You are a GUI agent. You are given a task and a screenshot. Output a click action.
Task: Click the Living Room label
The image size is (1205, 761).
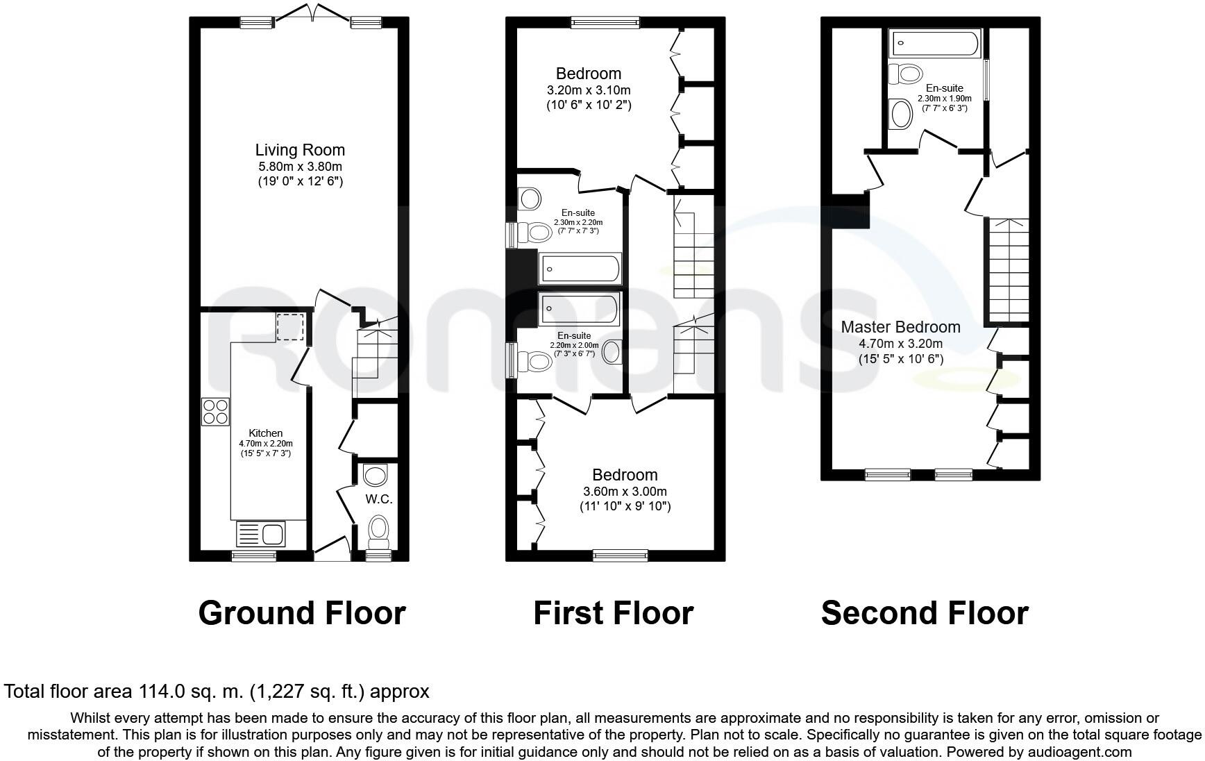coord(300,150)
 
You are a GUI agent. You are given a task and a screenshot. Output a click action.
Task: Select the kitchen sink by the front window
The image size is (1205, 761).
coord(260,534)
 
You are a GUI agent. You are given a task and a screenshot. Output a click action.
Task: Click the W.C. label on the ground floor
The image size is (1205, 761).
coord(379,499)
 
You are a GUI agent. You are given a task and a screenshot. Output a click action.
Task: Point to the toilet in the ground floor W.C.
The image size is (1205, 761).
coord(378,528)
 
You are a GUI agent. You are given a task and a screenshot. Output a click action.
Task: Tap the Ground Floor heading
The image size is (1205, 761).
coord(301,613)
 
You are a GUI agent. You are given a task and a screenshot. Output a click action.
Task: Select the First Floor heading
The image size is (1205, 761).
coord(613,613)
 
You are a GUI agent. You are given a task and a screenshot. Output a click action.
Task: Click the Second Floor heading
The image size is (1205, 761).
coord(924,613)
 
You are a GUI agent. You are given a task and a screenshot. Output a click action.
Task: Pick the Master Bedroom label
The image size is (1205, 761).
coord(900,327)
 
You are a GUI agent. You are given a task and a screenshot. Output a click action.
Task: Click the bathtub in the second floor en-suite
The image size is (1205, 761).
coord(934,43)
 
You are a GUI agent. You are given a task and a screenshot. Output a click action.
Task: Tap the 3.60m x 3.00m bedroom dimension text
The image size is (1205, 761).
coord(625,491)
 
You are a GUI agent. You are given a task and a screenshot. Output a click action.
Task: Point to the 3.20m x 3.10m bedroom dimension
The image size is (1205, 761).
coord(589,90)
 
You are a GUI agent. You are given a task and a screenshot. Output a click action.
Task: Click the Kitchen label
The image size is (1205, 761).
coord(266,433)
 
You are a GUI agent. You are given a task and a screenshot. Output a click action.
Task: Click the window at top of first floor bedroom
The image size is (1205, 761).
coord(605,23)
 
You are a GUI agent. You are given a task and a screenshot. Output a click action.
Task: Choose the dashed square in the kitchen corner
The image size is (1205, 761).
coord(290,326)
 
